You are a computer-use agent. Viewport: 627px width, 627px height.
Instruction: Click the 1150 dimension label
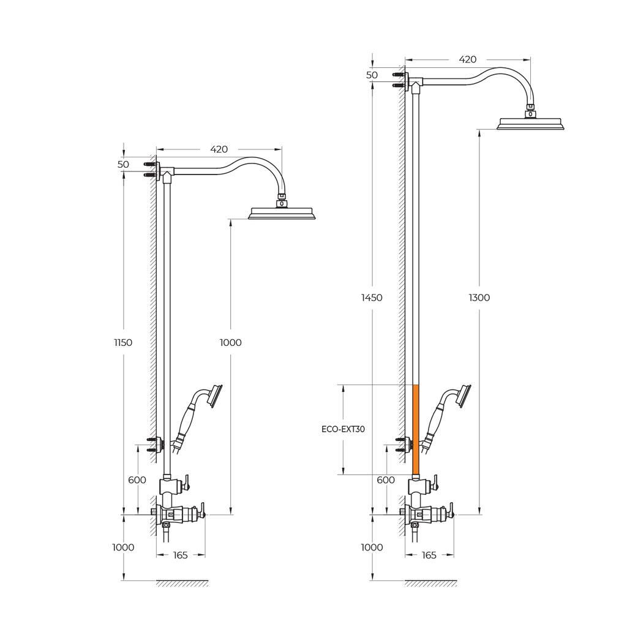click(123, 342)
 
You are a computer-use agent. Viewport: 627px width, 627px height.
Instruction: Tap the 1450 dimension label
click(372, 298)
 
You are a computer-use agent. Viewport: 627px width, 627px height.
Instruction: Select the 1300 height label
click(479, 298)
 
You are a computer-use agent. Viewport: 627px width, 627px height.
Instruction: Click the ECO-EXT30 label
click(343, 429)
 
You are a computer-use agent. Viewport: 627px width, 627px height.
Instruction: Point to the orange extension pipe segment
click(416, 429)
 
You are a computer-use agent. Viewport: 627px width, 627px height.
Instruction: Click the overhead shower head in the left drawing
click(283, 212)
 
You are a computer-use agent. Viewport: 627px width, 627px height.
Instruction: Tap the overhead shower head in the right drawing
click(531, 123)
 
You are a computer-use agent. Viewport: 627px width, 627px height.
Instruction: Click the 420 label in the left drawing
click(219, 149)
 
